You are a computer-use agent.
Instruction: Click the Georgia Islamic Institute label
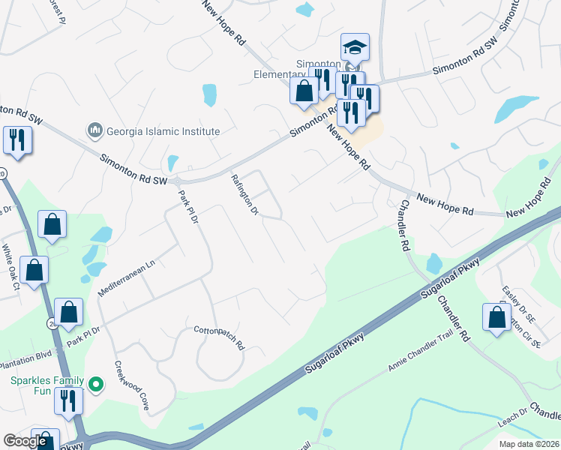(x=162, y=131)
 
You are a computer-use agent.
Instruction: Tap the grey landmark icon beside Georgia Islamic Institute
(x=94, y=131)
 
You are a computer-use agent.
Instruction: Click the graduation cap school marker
(x=355, y=48)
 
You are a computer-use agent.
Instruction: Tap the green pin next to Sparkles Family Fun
(x=95, y=385)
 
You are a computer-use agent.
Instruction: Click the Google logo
(x=25, y=441)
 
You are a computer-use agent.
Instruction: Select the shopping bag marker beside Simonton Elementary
(x=304, y=91)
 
